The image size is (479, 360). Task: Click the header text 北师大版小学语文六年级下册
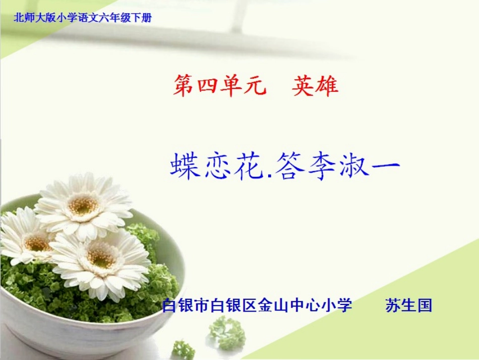click(83, 18)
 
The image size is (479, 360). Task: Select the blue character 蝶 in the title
click(185, 166)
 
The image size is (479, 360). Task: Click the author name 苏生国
click(409, 305)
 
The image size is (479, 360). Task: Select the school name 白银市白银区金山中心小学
click(257, 305)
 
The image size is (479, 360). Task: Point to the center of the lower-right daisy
click(102, 258)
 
